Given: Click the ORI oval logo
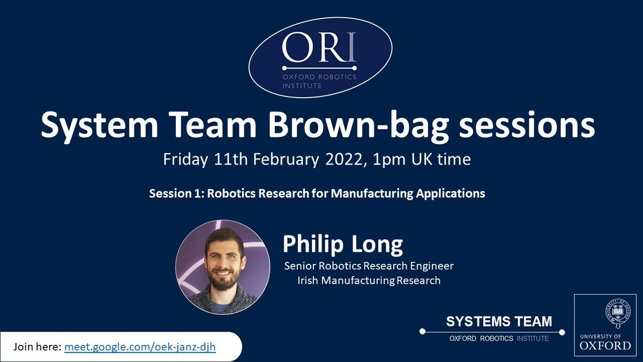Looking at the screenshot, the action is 320,57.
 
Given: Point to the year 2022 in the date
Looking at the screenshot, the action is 344,159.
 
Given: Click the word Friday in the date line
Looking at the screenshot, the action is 185,160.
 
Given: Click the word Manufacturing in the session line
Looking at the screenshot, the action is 372,194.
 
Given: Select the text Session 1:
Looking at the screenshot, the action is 176,194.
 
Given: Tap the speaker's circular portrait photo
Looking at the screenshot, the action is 223,267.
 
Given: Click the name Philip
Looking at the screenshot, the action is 313,245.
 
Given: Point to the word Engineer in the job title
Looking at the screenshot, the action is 432,266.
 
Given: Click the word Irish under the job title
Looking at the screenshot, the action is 308,280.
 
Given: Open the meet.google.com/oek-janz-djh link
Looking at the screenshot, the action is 140,347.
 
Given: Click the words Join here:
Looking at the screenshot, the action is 38,347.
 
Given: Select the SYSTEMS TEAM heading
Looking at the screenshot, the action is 499,321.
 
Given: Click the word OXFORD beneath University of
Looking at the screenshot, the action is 605,345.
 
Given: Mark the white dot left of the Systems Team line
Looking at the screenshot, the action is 422,331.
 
